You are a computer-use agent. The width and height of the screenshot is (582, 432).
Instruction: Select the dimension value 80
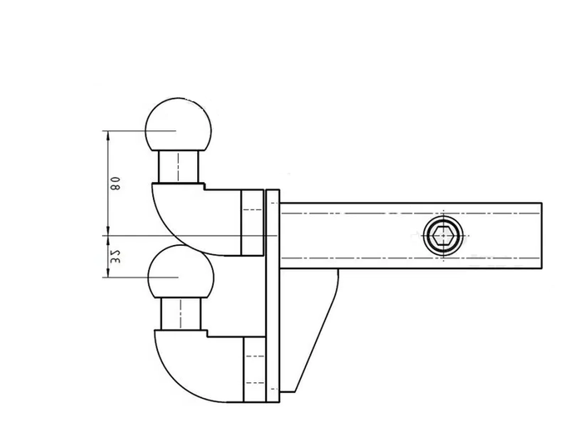click(x=116, y=183)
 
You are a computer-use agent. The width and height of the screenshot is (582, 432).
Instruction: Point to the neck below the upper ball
click(x=179, y=167)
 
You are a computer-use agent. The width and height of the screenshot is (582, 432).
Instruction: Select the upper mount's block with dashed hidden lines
click(x=252, y=221)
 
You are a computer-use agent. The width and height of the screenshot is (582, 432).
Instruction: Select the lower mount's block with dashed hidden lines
click(x=252, y=370)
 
